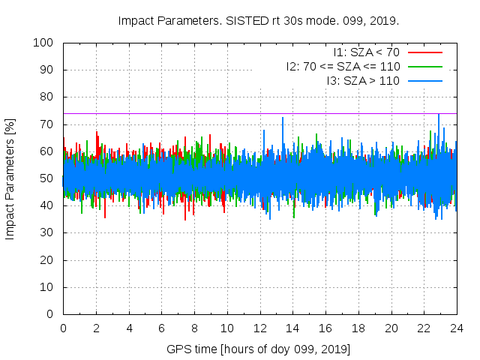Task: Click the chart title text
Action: coord(259,20)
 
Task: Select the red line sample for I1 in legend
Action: coord(424,52)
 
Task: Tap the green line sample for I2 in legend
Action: coord(424,66)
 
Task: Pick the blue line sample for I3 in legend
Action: coord(424,80)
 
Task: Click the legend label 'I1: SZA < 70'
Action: coord(366,52)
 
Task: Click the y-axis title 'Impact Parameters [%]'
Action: coord(10,178)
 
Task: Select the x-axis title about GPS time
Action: coord(259,349)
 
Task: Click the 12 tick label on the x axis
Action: coord(259,328)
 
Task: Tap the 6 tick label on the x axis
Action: coord(161,328)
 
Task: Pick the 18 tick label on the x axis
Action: coord(358,328)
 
